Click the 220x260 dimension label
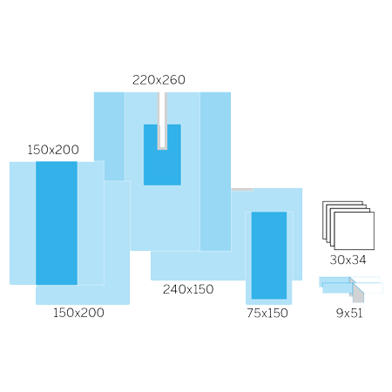coord(159,80)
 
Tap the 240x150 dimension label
coord(188,289)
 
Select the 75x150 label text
coord(267,313)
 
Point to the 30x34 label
coord(348,260)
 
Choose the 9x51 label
coord(349,313)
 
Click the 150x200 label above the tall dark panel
coord(53,150)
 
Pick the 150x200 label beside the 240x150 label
coord(78,313)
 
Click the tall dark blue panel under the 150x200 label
coord(57,223)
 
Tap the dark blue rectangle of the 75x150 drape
coord(269,255)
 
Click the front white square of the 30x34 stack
coord(355,231)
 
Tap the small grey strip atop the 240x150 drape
coord(242,190)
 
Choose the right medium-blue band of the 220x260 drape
coord(215,172)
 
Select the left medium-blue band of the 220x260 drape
coord(109,137)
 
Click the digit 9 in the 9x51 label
coord(340,313)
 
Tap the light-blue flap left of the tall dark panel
coord(23,223)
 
